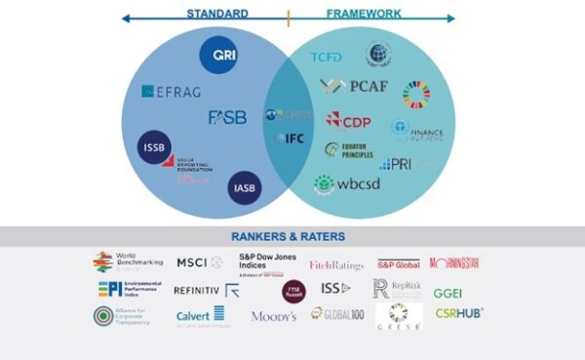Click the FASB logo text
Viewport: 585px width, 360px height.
227,117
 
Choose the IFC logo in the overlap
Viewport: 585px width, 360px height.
290,139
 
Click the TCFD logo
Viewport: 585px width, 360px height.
326,58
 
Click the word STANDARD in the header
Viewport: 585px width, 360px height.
216,15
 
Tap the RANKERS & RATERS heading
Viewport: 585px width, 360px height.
289,236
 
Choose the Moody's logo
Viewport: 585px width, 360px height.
273,316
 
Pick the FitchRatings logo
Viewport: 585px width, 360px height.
336,264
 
